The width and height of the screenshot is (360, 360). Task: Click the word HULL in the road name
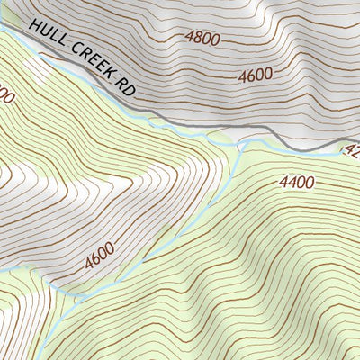(46, 37)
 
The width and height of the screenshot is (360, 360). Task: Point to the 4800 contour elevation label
(202, 38)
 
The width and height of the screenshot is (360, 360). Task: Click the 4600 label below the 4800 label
(256, 76)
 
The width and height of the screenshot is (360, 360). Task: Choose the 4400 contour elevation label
(296, 183)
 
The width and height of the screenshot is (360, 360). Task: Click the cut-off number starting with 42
(351, 150)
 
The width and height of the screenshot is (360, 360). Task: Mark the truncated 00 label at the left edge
(4, 94)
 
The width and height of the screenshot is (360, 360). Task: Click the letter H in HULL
(34, 29)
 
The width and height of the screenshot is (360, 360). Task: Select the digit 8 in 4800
(197, 38)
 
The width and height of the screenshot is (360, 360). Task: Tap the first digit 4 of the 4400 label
(284, 183)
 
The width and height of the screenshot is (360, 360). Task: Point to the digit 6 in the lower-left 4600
(95, 260)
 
